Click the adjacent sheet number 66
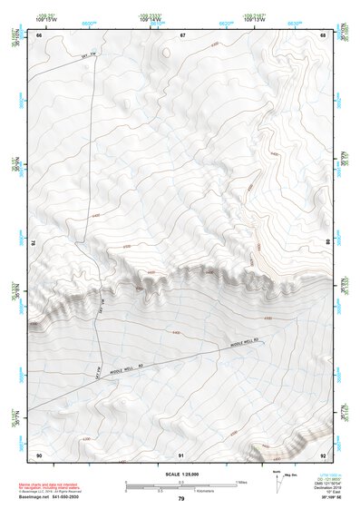39,34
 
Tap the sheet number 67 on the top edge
182,34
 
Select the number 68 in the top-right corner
323,34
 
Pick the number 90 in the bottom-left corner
39,454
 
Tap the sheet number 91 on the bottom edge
181,454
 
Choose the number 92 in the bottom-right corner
323,454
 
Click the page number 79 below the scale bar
181,499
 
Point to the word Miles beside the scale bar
240,481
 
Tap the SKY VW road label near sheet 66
89,56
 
